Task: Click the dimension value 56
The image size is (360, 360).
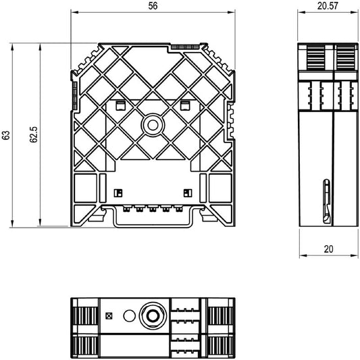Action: click(x=153, y=6)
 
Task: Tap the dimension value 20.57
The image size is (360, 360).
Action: click(x=328, y=6)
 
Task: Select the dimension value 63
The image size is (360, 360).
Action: click(x=6, y=135)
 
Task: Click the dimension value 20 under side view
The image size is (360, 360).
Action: click(x=328, y=249)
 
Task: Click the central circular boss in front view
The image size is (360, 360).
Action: click(x=153, y=125)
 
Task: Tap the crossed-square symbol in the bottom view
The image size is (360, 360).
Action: click(x=109, y=316)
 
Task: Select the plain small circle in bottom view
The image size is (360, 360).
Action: click(x=129, y=315)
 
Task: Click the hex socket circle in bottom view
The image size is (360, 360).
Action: click(x=153, y=316)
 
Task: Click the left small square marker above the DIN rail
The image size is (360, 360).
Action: click(x=118, y=193)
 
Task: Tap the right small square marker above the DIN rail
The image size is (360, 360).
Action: click(x=188, y=193)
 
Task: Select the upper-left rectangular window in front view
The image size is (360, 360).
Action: click(x=120, y=105)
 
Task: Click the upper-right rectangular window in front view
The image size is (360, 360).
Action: click(x=184, y=105)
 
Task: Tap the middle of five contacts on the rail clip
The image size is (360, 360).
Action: click(x=153, y=209)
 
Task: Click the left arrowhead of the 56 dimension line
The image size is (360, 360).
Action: click(x=74, y=12)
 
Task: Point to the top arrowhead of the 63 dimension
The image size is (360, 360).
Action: click(x=12, y=47)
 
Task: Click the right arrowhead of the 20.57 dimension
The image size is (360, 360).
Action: click(x=355, y=12)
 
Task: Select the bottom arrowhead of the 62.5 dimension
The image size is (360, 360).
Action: click(x=40, y=222)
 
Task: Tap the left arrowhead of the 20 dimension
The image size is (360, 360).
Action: click(x=303, y=255)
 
